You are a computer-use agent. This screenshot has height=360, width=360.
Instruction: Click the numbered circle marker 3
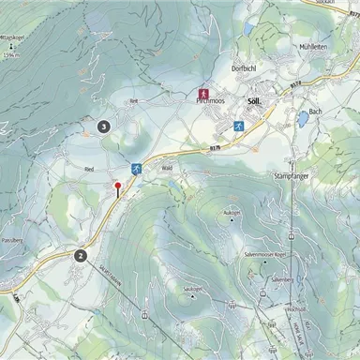click(x=103, y=126)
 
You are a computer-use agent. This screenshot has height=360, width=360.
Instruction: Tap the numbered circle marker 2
click(x=82, y=254)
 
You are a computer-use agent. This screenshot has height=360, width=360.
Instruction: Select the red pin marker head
click(x=117, y=187)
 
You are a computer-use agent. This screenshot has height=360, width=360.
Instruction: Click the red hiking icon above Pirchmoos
click(x=202, y=94)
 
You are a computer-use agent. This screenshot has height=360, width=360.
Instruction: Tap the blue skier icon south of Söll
click(x=238, y=126)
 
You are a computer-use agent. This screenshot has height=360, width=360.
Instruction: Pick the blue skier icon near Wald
click(x=137, y=169)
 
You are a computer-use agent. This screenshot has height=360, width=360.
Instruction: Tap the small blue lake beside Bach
click(x=302, y=120)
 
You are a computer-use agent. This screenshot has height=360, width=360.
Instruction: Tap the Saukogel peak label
click(x=193, y=288)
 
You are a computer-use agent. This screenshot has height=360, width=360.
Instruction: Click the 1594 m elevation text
click(x=10, y=56)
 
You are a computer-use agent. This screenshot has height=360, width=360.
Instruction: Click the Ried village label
click(x=89, y=170)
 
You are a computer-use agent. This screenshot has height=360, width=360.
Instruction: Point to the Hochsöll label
click(x=269, y=308)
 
